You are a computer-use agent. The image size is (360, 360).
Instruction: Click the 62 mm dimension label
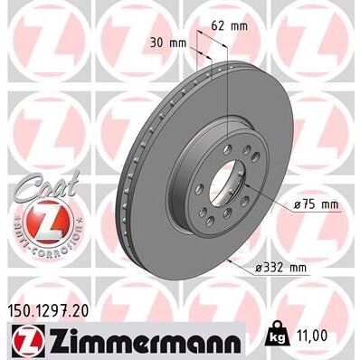(x=228, y=27)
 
